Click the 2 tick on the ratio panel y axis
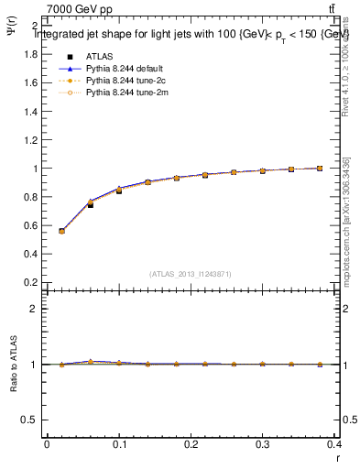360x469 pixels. pyautogui.click(x=34, y=309)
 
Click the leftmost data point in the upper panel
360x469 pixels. pyautogui.click(x=61, y=231)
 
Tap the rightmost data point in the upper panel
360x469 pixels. pyautogui.click(x=320, y=169)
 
